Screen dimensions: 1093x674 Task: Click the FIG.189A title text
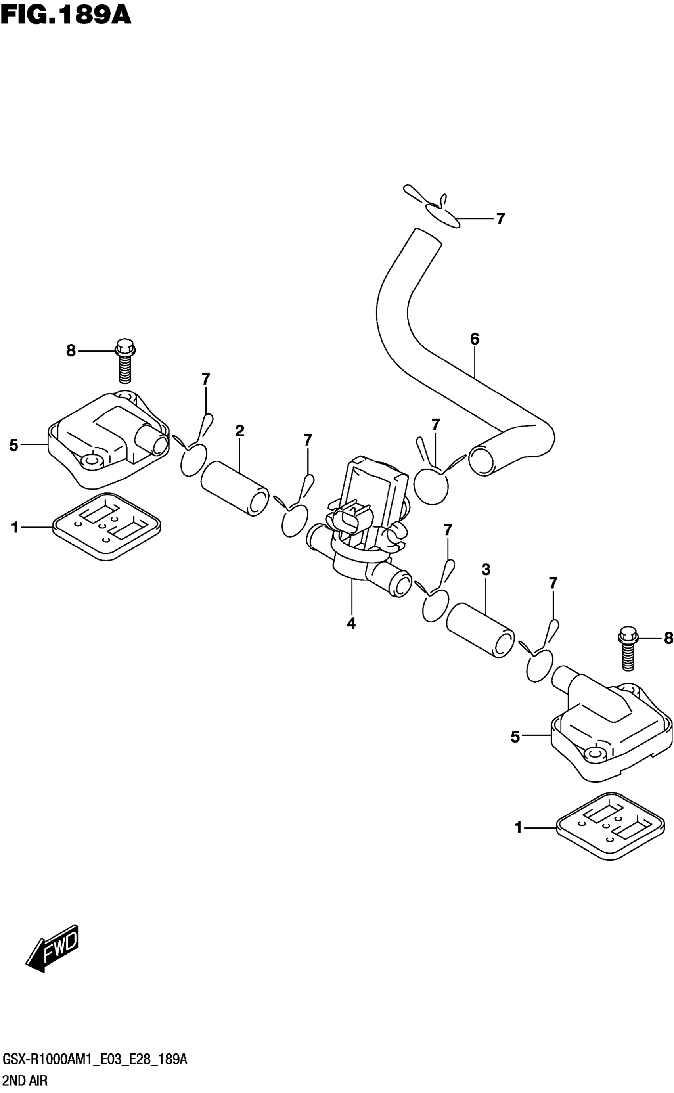pos(66,14)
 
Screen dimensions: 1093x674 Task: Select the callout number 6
pos(475,339)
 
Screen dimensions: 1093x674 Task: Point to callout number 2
pos(239,431)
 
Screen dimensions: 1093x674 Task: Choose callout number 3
pos(486,569)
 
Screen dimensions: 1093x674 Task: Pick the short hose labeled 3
pos(480,630)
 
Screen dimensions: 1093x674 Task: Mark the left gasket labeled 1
pos(106,526)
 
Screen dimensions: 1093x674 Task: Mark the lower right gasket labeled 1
pos(609,827)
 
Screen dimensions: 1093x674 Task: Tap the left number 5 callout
pos(14,445)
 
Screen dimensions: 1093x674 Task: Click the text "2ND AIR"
pos(25,1082)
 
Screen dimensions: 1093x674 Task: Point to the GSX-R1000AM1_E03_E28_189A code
pos(94,1060)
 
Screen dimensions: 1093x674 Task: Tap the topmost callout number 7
pos(500,219)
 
